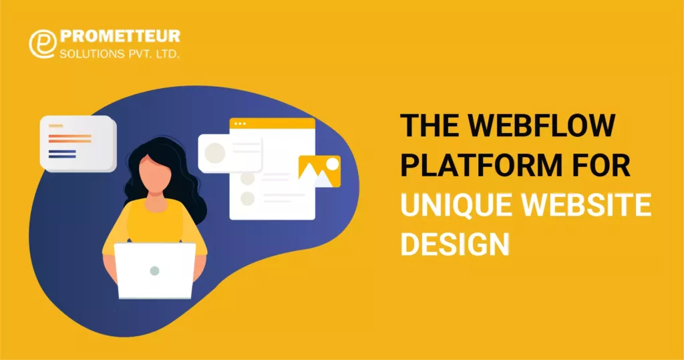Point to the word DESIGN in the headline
click(x=454, y=244)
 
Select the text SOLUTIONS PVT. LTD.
click(x=120, y=53)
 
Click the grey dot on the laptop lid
click(x=155, y=271)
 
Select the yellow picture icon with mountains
click(x=319, y=171)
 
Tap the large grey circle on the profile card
click(x=215, y=153)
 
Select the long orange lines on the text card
click(x=70, y=138)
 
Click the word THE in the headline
click(x=427, y=126)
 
